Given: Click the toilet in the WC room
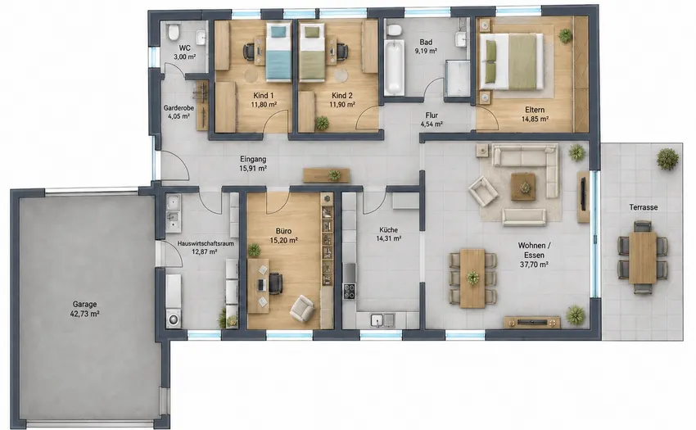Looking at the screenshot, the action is [174, 32].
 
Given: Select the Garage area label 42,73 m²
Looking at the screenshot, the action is [85, 314].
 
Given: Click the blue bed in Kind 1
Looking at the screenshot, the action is [278, 52].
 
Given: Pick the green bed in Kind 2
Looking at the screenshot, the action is [312, 52].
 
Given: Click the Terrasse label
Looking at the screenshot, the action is [643, 207].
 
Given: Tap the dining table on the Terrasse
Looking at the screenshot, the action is [643, 258].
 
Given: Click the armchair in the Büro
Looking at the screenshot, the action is [302, 307].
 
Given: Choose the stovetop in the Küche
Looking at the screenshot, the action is [350, 291].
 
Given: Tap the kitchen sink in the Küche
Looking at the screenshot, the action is [383, 319].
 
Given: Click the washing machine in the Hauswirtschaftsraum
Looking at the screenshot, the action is [173, 319].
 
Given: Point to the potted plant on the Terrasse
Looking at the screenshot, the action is [667, 159].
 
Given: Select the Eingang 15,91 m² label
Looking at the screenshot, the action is [253, 164].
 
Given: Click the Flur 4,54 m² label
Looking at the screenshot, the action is [432, 120].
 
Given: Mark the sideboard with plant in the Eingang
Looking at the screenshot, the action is [326, 175].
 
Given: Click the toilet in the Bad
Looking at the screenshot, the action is [393, 30].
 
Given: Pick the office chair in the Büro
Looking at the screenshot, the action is [275, 283].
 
